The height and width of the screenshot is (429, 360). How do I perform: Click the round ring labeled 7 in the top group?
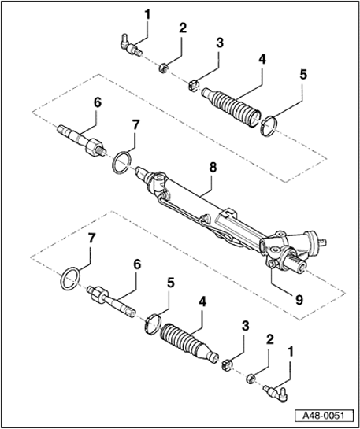121,161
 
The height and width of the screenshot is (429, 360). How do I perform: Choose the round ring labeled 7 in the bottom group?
70,279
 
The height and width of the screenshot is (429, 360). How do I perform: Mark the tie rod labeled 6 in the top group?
80,139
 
